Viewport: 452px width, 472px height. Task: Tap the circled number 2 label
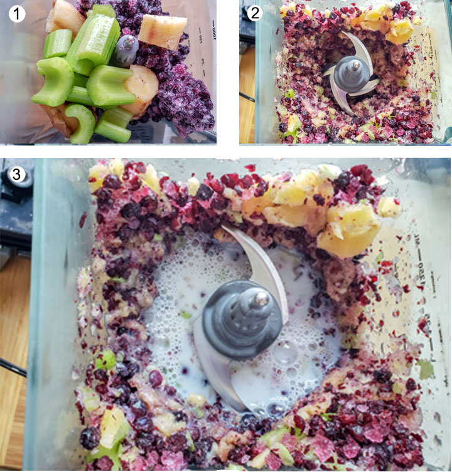(x=254, y=13)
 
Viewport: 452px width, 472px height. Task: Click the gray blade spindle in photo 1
(x=126, y=49)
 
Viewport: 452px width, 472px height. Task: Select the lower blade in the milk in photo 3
(x=217, y=376)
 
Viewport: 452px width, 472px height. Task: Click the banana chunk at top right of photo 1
(x=163, y=31)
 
